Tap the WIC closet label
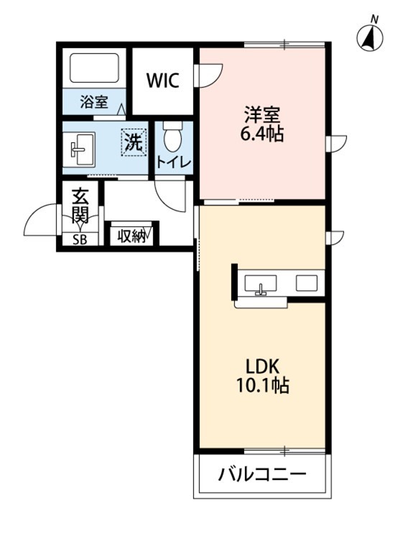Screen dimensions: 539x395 coord(164,79)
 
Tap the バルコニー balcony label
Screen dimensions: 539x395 coord(262,474)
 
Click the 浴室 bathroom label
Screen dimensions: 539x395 coord(94,101)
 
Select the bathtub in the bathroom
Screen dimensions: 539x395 coord(94,70)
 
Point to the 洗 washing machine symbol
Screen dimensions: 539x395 coord(134,139)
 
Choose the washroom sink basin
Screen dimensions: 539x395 coord(78,149)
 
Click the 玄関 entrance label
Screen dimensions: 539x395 coord(79,205)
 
